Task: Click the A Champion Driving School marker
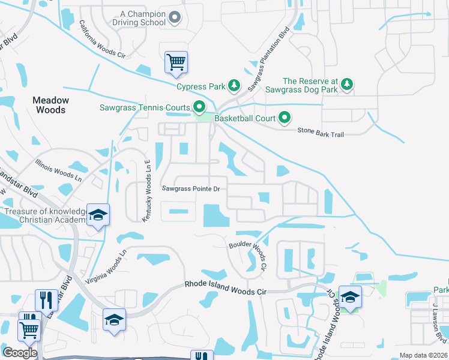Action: (x=175, y=19)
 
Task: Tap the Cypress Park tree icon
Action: (x=234, y=86)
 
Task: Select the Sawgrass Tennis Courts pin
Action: (x=199, y=108)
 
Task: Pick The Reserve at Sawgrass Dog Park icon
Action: (x=346, y=85)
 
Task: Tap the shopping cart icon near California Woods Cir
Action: (x=176, y=62)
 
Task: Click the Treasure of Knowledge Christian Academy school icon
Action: (x=97, y=215)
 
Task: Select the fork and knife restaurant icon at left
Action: (x=46, y=298)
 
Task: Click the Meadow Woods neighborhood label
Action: (x=51, y=105)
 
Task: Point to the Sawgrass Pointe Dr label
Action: (x=191, y=188)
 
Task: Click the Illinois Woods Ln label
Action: (x=58, y=170)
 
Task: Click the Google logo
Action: (x=20, y=353)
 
